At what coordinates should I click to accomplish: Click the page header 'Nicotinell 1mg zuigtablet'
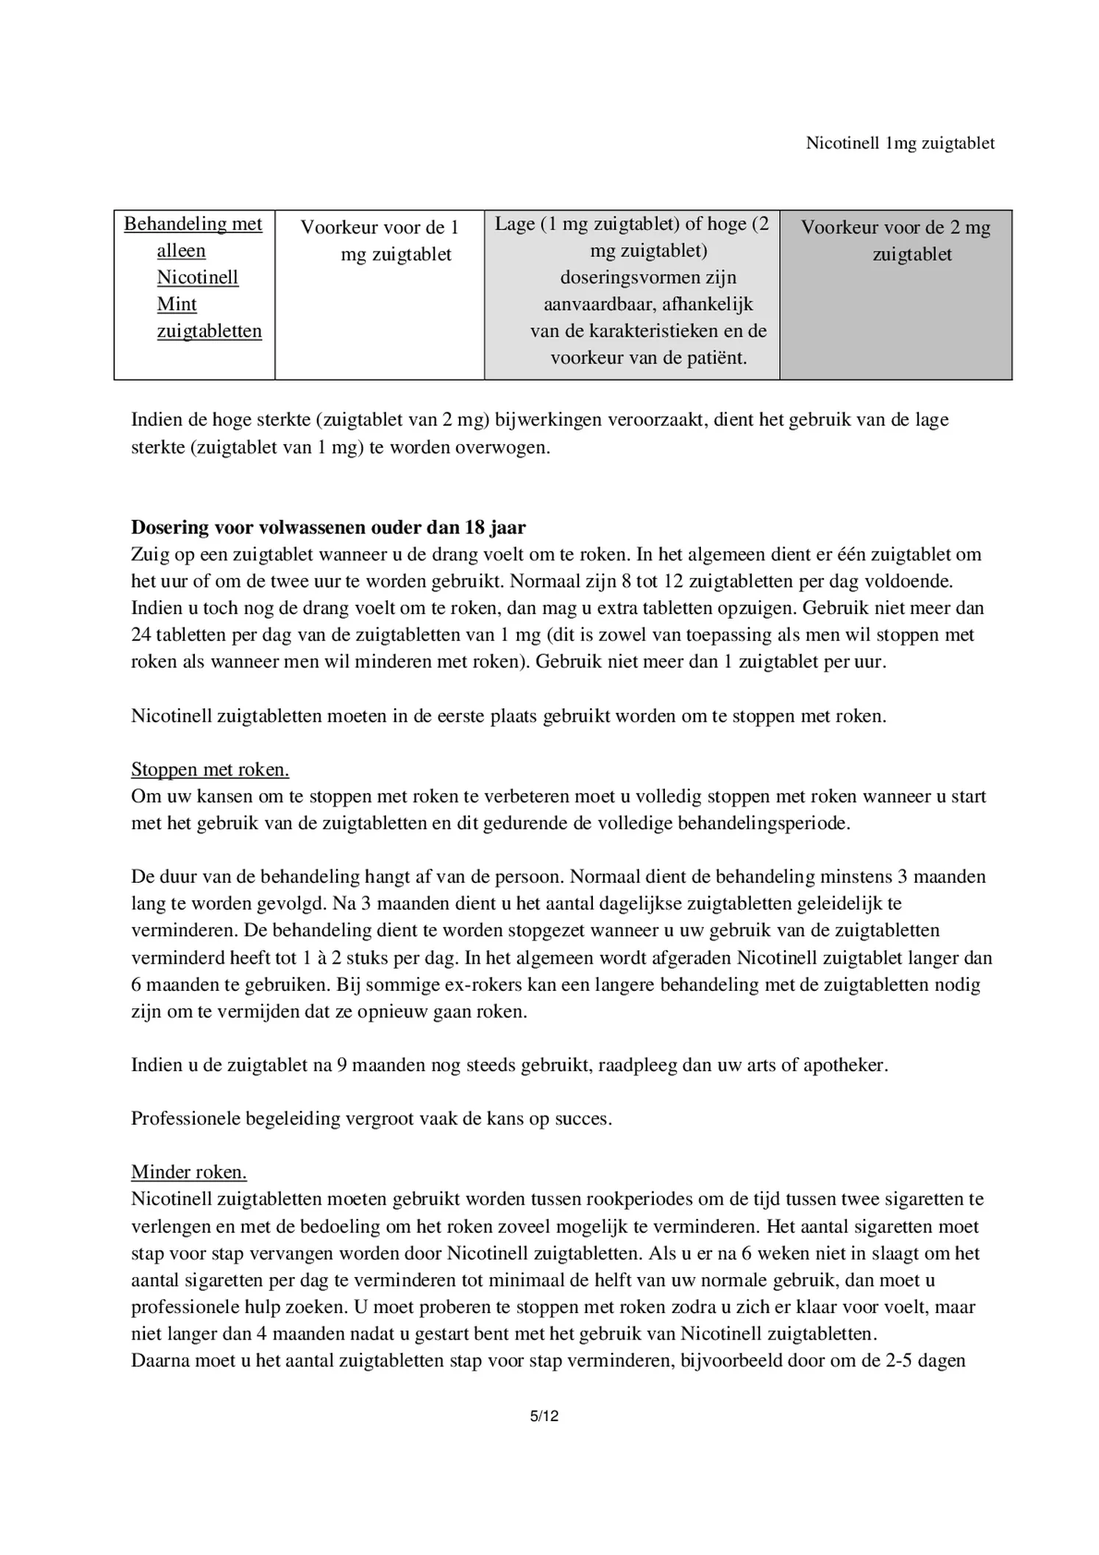[900, 143]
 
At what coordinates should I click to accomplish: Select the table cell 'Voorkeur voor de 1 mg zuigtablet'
[380, 241]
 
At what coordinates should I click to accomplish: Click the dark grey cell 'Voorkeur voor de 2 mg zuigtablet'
[895, 241]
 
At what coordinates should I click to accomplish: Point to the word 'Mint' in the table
[177, 304]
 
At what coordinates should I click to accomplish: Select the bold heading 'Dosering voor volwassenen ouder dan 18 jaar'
[328, 527]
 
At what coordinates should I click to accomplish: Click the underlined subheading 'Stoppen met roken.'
[210, 769]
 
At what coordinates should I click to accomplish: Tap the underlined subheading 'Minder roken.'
[189, 1173]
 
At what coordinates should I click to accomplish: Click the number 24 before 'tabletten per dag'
[141, 635]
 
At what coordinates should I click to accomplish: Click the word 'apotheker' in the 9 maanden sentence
[844, 1065]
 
